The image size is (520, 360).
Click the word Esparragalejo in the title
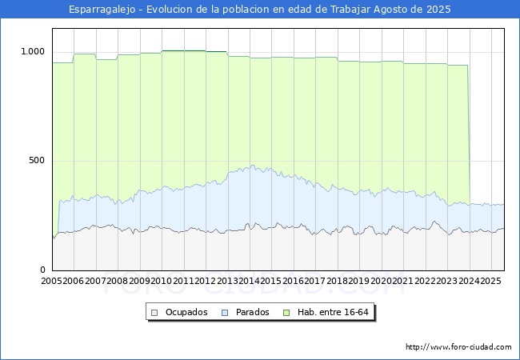click(102, 10)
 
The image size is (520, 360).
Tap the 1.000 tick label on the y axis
click(33, 51)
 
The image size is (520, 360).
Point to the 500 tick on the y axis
click(37, 161)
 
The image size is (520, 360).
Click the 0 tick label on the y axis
click(42, 270)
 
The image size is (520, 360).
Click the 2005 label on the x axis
click(51, 281)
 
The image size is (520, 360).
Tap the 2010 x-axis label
click(161, 281)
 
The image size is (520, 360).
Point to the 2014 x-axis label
click(249, 281)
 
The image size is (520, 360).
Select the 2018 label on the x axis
click(337, 281)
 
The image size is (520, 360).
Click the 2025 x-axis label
click(490, 281)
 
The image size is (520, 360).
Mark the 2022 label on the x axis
click(425, 281)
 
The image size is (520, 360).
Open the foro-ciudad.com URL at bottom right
click(458, 347)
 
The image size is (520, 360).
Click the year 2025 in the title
click(438, 10)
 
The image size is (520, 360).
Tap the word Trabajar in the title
click(350, 10)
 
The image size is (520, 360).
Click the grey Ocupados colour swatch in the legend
click(154, 313)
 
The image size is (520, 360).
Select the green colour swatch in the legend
click(286, 313)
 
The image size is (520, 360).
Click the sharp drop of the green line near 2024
click(469, 134)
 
